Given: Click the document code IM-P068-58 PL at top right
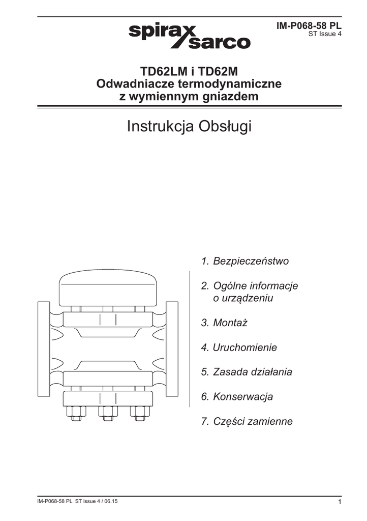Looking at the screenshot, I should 309,25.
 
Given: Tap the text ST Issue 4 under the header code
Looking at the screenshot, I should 325,35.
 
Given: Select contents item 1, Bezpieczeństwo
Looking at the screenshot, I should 245,261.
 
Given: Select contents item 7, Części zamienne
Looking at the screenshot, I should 247,422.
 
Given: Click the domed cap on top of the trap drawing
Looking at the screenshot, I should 107,287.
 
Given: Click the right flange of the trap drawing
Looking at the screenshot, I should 172,345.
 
